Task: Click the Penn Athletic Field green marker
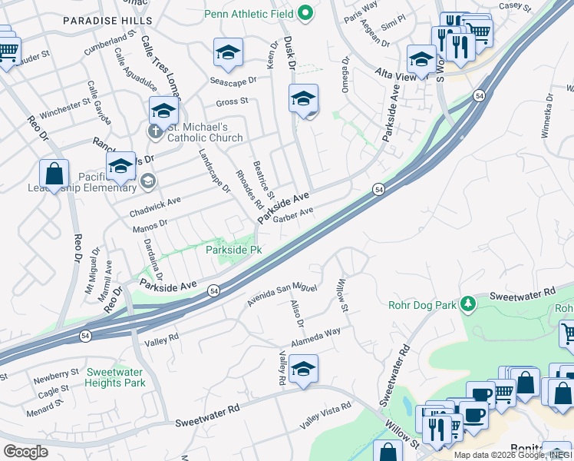pyautogui.click(x=305, y=13)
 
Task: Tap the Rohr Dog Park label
pyautogui.click(x=421, y=305)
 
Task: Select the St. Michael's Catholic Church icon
pyautogui.click(x=154, y=131)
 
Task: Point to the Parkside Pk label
pyautogui.click(x=234, y=250)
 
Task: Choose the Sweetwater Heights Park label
pyautogui.click(x=115, y=376)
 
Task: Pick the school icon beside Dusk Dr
pyautogui.click(x=304, y=99)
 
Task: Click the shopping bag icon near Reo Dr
pyautogui.click(x=54, y=174)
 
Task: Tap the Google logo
pyautogui.click(x=25, y=451)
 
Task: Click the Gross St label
pyautogui.click(x=232, y=101)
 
